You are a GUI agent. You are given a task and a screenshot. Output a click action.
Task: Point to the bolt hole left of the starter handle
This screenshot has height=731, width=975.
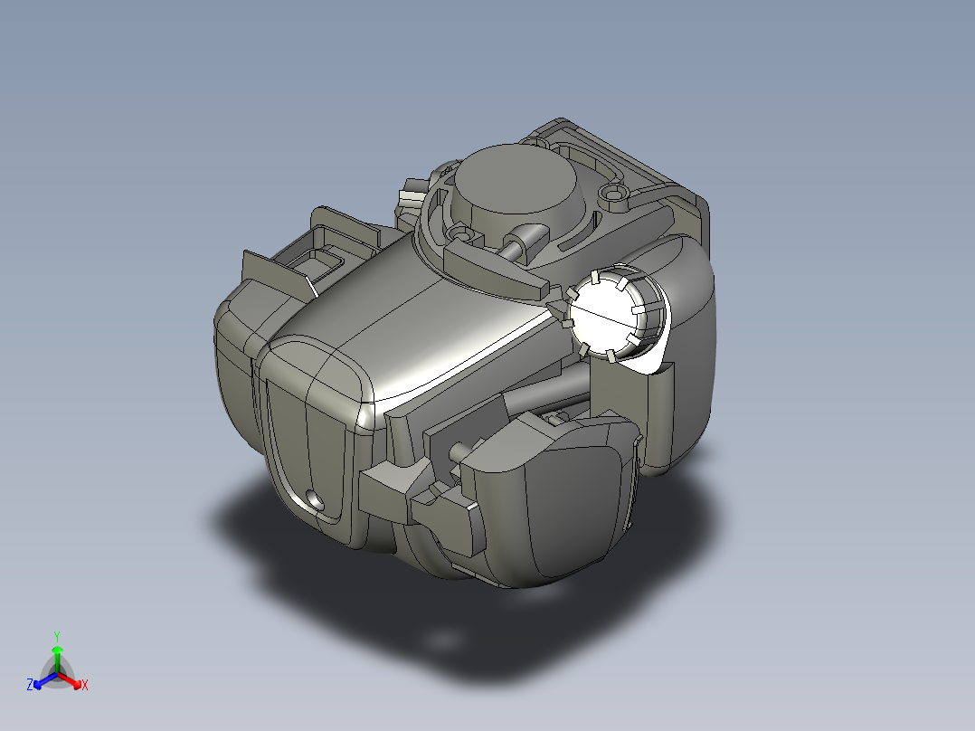pos(461,234)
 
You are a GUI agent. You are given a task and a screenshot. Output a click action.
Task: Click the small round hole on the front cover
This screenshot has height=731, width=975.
pos(316,499)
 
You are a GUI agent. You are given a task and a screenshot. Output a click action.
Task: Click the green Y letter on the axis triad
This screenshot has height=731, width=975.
pos(57,636)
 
